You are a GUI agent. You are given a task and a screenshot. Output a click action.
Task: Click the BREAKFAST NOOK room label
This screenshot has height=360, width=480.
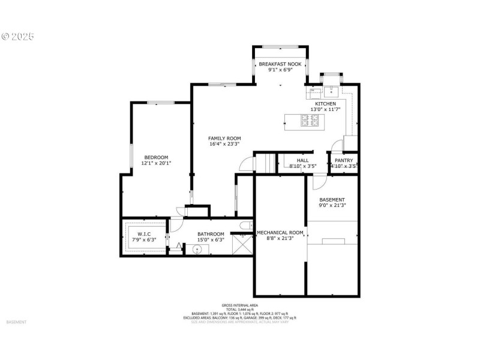[x=280, y=64]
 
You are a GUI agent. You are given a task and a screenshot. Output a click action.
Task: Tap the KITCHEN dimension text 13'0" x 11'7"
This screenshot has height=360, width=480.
[x=326, y=110]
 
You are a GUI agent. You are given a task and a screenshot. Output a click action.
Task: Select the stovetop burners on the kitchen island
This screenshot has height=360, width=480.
[x=310, y=122]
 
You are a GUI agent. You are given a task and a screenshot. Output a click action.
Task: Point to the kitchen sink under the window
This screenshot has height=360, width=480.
[x=331, y=91]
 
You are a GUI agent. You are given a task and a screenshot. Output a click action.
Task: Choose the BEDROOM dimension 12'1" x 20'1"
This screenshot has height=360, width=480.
[x=156, y=163]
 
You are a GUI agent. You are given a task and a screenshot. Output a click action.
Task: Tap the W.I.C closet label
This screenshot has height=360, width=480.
[x=144, y=234]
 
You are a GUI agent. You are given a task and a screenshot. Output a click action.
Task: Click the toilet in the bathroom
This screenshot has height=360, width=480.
[x=245, y=226]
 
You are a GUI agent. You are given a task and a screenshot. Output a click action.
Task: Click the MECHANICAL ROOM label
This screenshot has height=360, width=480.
[x=280, y=232]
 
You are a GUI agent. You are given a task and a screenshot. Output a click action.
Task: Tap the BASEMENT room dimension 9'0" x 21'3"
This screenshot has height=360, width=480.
[x=332, y=205]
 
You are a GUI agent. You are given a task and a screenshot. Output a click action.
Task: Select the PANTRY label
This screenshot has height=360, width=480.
[x=344, y=160]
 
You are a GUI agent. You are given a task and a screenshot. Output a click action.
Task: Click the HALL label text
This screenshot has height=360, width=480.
[x=303, y=160]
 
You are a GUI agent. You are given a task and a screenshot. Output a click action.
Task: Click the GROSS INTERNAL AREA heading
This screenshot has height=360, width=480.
[x=239, y=305]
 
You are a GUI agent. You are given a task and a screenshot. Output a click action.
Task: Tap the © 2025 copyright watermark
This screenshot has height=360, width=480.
[x=18, y=36]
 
